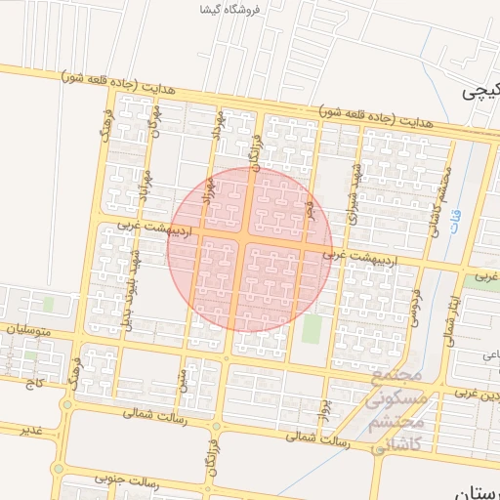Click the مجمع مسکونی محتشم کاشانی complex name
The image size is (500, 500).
click(x=396, y=400)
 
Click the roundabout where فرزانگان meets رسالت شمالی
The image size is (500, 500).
click(x=216, y=427)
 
